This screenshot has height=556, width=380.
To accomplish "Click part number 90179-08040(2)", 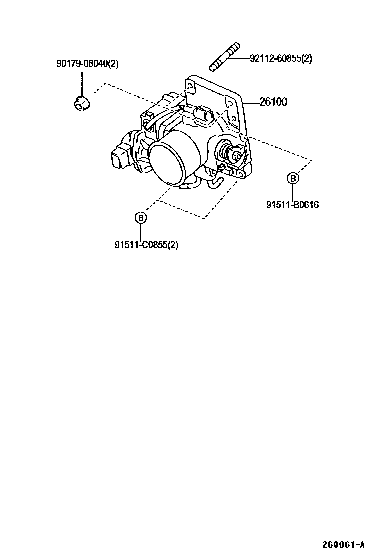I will click(87, 63).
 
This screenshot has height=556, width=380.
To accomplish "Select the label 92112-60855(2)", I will click(281, 58).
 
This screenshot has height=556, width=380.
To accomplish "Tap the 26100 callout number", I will click(273, 102).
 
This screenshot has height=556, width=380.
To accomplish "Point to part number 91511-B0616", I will click(292, 204).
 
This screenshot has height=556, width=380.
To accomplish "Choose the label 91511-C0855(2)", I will click(146, 245).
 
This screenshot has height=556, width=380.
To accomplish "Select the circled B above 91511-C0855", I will click(141, 218).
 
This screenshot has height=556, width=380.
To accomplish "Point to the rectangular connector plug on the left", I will click(119, 160).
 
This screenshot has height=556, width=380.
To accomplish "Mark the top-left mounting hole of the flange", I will click(190, 85).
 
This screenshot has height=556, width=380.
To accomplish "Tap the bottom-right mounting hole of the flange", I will click(240, 173).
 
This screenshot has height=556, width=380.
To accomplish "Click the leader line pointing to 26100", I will click(251, 102).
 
